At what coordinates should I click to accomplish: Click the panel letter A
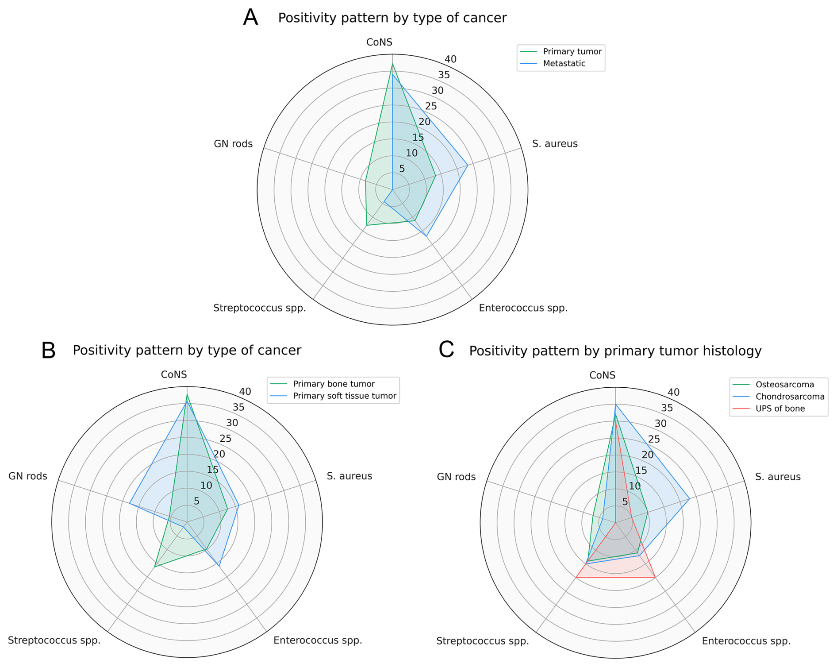click(x=250, y=18)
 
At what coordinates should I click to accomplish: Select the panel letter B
click(x=48, y=350)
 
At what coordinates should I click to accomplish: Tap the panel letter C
click(x=446, y=349)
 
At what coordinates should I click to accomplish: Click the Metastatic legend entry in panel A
click(x=564, y=63)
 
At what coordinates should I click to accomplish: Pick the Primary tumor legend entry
click(x=572, y=51)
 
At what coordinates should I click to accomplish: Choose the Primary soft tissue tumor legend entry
click(x=345, y=396)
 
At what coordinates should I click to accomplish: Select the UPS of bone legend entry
click(x=780, y=409)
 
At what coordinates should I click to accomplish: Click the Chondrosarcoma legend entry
click(x=790, y=397)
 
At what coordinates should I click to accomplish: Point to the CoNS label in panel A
click(x=379, y=42)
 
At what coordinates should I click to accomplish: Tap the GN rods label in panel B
click(x=28, y=476)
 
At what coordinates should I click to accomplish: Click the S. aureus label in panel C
click(x=778, y=477)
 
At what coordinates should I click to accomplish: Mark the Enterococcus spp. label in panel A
click(x=523, y=308)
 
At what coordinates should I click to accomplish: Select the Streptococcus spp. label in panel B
click(x=54, y=640)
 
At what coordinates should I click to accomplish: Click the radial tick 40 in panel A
click(x=450, y=59)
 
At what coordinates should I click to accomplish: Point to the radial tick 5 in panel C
click(x=625, y=502)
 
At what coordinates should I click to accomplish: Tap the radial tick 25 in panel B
click(x=226, y=439)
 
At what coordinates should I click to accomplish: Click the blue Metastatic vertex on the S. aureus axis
click(x=468, y=165)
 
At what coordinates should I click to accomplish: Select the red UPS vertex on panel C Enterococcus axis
click(x=655, y=577)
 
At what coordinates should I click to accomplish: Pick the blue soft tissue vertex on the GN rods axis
click(x=129, y=503)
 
